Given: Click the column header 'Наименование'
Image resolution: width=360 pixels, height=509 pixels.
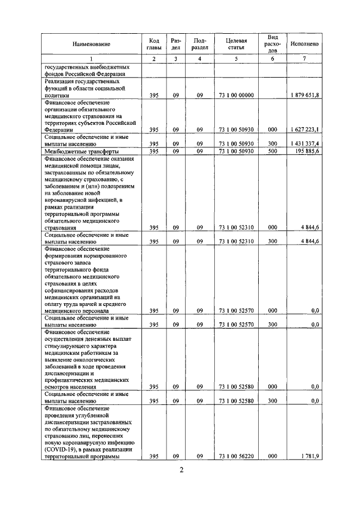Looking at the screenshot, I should coord(91,44).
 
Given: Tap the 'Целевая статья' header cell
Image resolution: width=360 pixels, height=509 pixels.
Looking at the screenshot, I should coord(236,44).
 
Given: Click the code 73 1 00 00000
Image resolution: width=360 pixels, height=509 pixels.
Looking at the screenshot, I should coord(236,96).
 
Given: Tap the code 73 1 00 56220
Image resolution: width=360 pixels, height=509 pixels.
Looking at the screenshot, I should coord(236,456).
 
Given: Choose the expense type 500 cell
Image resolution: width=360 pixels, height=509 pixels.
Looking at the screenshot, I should coord(272,151).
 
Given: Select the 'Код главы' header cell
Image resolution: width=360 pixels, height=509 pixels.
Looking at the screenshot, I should coord(154,44).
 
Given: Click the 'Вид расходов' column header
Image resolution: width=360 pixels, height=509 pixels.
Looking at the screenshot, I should coord(272,44).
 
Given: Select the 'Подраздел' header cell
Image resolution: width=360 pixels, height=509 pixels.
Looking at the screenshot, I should coord(200,44).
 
